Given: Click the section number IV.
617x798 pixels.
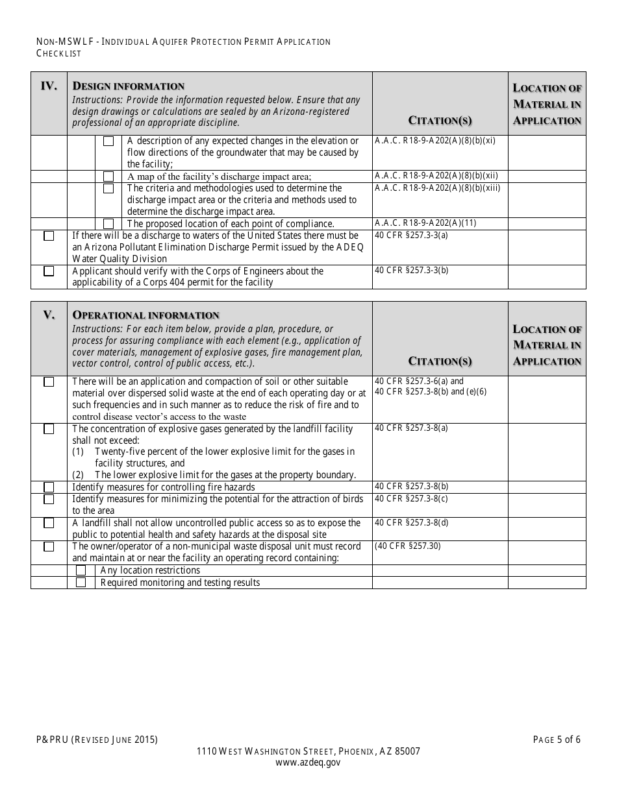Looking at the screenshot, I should [49, 86].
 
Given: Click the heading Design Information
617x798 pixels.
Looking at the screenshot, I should [128, 86].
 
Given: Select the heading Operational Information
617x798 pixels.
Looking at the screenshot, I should [145, 315].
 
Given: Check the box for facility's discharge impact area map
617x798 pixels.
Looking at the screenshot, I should [108, 176].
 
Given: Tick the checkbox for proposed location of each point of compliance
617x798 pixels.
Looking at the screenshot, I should [108, 224].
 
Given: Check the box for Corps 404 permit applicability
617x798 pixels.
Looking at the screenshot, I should [49, 271].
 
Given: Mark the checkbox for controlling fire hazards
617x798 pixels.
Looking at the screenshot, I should [49, 487].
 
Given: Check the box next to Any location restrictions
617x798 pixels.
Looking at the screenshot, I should [81, 570].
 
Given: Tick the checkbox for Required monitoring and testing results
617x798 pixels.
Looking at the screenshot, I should [81, 583].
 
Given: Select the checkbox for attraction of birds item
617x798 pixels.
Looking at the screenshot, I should [49, 500].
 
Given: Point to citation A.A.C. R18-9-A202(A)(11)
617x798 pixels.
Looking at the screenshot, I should [425, 223].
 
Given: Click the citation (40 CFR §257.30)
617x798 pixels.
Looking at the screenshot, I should [407, 546].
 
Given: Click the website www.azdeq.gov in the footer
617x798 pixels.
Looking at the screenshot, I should [308, 763].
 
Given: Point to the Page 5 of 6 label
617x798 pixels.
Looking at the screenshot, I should [557, 740].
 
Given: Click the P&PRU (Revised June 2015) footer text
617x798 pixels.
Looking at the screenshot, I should [97, 740].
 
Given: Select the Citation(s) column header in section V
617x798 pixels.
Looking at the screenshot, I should [440, 361].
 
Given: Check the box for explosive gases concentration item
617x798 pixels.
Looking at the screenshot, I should [49, 429].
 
